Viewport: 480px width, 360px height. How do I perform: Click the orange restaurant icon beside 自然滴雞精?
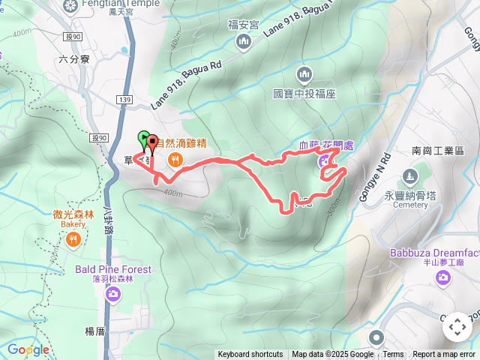pyautogui.click(x=175, y=158)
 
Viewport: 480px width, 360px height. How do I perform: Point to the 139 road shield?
pyautogui.click(x=124, y=99)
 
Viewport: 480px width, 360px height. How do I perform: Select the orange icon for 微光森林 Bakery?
pyautogui.click(x=73, y=240)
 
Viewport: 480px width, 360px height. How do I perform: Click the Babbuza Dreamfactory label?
pyautogui.click(x=434, y=253)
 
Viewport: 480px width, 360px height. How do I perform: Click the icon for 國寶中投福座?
pyautogui.click(x=304, y=74)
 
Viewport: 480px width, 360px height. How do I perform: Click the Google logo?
pyautogui.click(x=28, y=349)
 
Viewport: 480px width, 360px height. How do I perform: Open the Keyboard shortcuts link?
pyautogui.click(x=250, y=355)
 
